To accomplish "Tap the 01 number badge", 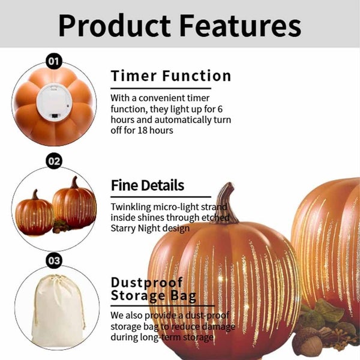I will [x=54, y=61].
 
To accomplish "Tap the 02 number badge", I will [x=54, y=161].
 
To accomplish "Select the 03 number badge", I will [x=54, y=261].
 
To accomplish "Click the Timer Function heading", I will [x=171, y=76].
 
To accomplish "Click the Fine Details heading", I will [x=148, y=185].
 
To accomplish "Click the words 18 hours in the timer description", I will [x=153, y=130].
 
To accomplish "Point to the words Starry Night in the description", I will [x=137, y=228].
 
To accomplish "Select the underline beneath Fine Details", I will [x=161, y=196].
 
